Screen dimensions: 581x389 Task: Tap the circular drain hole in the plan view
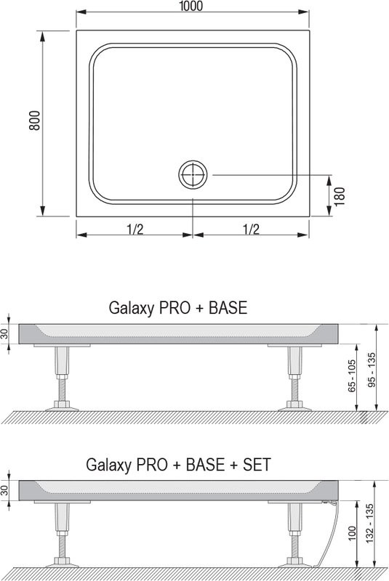point(193,174)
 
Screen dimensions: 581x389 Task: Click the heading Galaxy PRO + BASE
point(178,307)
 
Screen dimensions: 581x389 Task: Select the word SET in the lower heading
point(256,464)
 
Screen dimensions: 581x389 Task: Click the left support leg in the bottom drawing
point(60,534)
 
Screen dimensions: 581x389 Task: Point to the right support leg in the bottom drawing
point(294,534)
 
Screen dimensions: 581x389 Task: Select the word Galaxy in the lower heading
point(108,465)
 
